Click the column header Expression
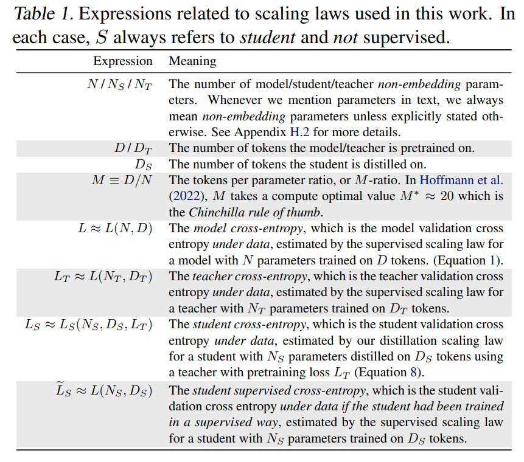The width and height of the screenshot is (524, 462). [122, 61]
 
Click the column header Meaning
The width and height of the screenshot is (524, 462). [192, 61]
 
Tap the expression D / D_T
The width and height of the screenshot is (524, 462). [133, 147]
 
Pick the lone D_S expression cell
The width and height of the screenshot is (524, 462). [144, 164]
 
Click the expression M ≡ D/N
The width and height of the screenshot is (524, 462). [121, 180]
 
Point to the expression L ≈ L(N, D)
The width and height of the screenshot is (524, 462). [114, 229]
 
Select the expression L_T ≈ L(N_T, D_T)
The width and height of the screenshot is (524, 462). [103, 277]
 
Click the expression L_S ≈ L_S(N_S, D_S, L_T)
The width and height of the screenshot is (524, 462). [88, 325]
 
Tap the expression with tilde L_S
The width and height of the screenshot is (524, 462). [103, 390]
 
